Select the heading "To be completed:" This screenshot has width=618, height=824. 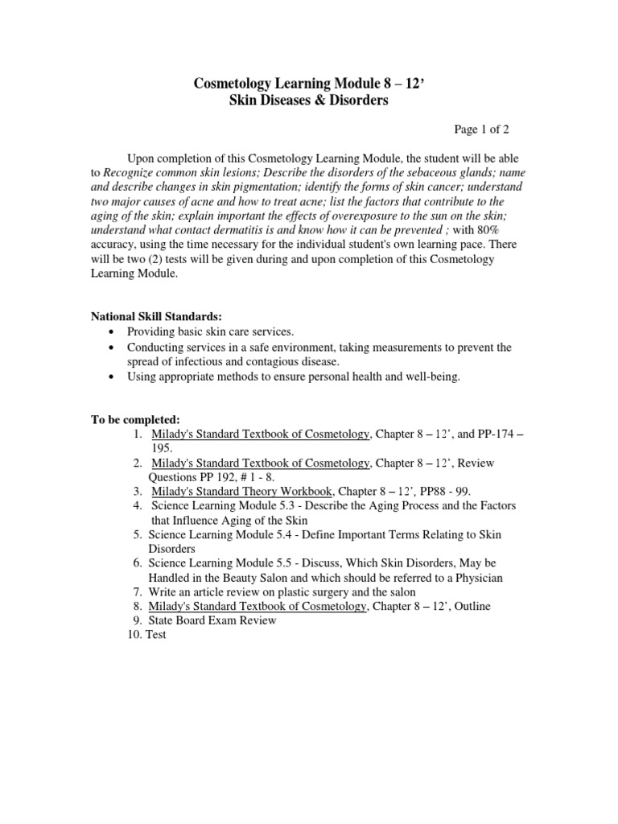tap(134, 419)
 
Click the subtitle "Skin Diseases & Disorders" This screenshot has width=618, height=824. tap(310, 101)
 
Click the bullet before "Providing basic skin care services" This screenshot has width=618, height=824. tap(110, 332)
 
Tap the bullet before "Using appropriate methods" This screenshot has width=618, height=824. tap(110, 377)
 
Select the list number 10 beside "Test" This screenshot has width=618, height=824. tap(134, 635)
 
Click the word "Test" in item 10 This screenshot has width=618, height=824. tap(156, 635)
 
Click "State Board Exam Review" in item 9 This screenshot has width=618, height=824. tap(212, 620)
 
